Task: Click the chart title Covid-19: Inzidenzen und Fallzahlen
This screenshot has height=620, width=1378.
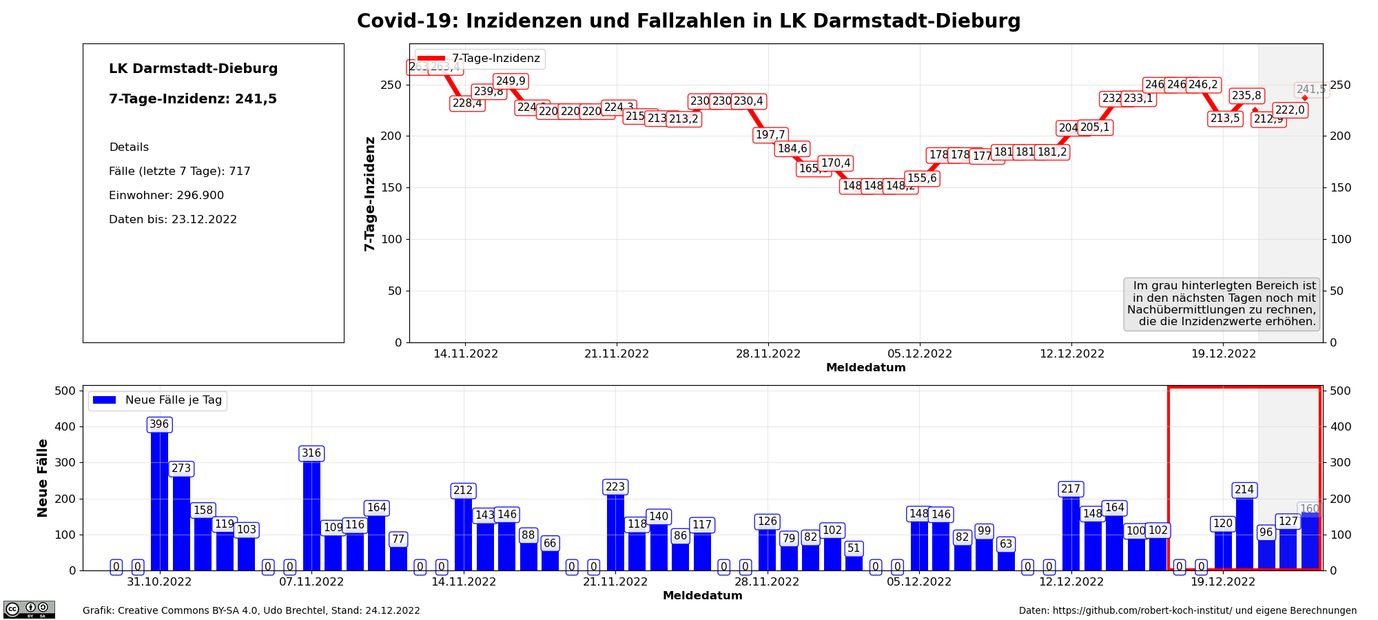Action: coord(688,21)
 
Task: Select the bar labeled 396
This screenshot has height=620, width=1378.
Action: coord(159,496)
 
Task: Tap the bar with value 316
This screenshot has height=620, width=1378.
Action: coord(311,513)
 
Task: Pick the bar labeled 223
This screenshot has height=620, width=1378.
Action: coord(615,530)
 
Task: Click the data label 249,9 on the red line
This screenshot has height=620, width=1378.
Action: coord(511,81)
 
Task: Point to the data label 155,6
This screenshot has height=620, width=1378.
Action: coord(921,178)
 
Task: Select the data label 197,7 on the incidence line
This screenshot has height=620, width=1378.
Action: coord(770,135)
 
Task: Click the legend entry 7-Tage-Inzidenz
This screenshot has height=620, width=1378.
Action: coord(480,59)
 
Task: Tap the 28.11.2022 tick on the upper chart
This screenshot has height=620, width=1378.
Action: coord(768,354)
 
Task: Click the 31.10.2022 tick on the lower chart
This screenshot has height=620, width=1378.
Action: coord(159,582)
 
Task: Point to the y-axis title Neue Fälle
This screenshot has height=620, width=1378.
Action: coord(43,478)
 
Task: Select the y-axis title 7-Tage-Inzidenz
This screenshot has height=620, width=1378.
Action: coord(370,194)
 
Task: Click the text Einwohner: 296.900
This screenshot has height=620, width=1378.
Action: coord(166,196)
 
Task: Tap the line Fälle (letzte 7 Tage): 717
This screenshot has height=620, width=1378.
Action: coord(179,172)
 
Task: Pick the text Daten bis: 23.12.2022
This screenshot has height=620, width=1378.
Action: coord(172,220)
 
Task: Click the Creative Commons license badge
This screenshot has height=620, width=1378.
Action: coord(29,609)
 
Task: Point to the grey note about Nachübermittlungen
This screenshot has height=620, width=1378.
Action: coord(1222,304)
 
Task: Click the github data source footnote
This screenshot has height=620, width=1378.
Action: coord(1187,611)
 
